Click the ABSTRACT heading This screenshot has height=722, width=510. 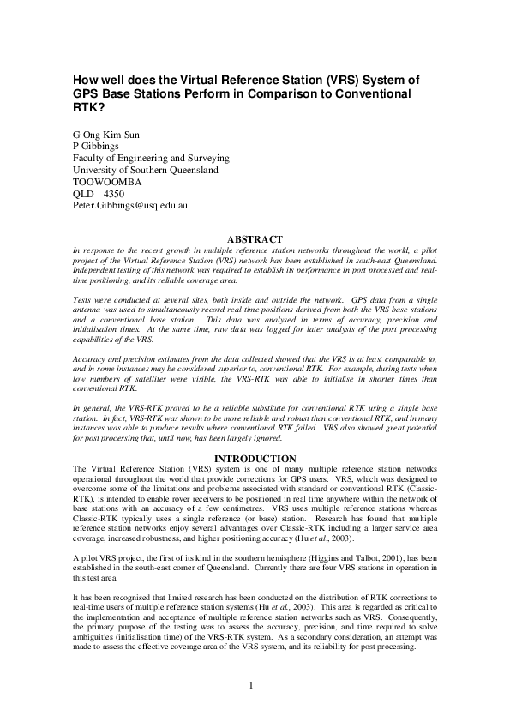coord(254,238)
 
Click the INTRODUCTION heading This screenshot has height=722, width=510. coord(255,459)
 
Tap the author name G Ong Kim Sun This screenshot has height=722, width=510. coord(108,135)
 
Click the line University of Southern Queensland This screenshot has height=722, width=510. coord(145,171)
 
